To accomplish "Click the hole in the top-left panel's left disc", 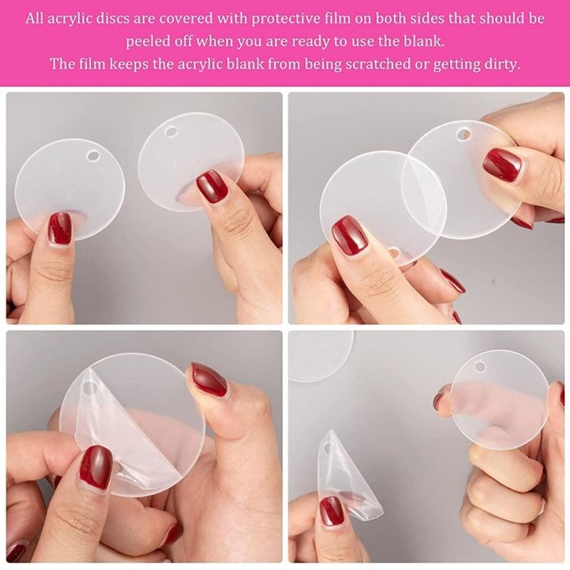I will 93,155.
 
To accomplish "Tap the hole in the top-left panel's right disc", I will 171,133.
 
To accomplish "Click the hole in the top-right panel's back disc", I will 464,134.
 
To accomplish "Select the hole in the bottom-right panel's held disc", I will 480,367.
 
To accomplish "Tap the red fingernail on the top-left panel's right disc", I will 212,187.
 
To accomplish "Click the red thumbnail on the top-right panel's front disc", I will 349,235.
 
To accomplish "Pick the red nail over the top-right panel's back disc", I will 502,165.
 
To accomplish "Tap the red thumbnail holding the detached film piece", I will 331,510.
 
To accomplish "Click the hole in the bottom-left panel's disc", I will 89,389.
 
